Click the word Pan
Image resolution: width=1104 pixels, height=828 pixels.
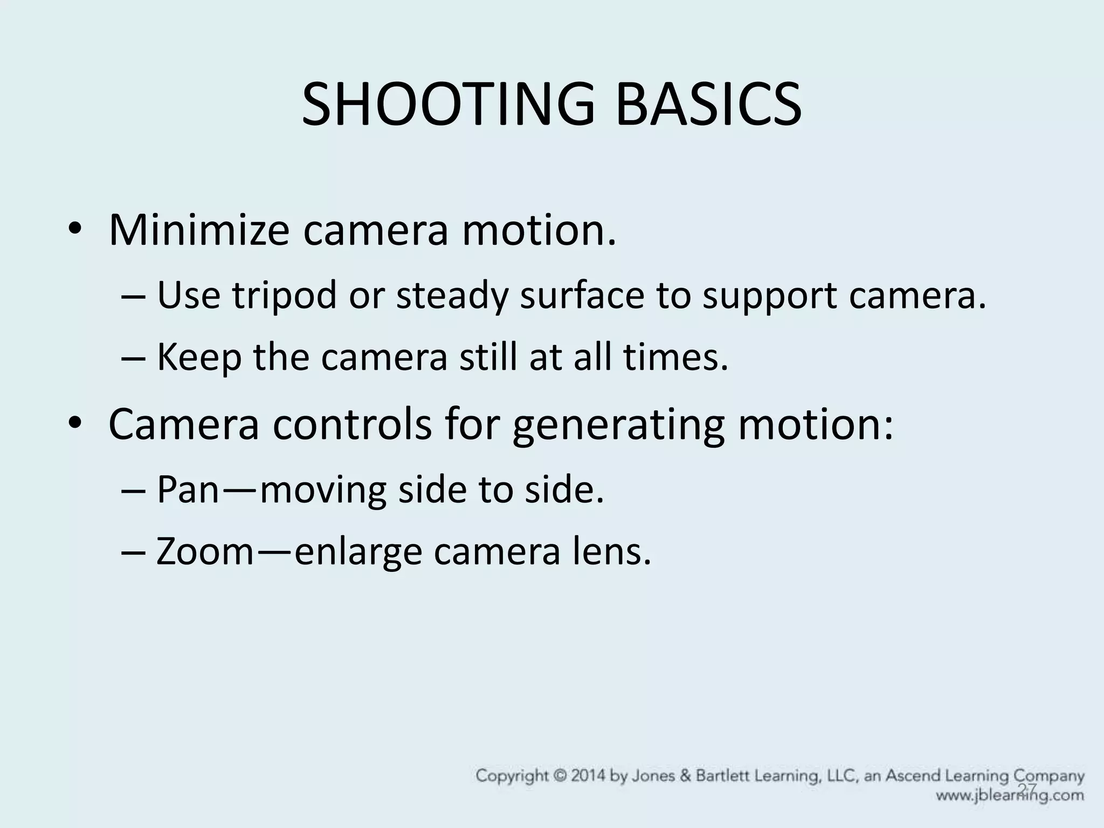(187, 490)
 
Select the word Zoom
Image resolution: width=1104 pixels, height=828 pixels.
(204, 553)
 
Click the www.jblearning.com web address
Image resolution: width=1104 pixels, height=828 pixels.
(1009, 795)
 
